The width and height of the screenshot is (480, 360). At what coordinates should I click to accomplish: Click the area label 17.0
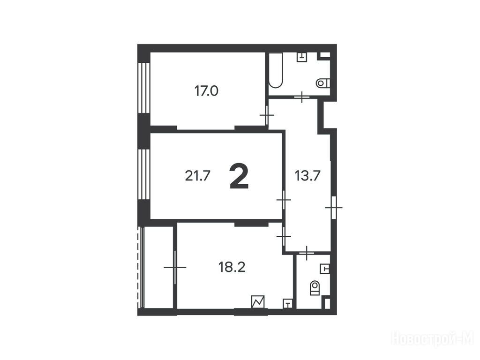point(206,91)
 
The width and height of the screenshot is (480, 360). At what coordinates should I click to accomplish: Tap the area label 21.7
point(197,176)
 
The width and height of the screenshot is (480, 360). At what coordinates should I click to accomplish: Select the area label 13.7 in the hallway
point(307,176)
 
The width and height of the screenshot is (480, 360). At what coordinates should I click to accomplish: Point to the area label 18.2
point(232,267)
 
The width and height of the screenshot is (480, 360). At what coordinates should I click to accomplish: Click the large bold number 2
point(239,176)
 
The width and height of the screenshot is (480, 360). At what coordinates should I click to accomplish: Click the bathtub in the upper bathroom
point(276,70)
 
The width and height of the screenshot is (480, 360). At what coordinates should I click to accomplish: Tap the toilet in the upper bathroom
point(322,83)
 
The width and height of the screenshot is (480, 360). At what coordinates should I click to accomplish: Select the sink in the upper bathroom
point(302,57)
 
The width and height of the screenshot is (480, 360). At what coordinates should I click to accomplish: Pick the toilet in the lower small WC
point(315,288)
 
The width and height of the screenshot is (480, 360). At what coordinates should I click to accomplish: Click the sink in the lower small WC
point(324,269)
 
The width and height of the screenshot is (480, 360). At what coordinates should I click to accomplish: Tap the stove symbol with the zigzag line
point(258,302)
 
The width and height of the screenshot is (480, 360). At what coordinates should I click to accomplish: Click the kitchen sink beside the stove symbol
point(288,303)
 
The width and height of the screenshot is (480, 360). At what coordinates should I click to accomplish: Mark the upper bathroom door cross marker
point(302,97)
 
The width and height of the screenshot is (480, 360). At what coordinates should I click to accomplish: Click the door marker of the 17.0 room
point(267,115)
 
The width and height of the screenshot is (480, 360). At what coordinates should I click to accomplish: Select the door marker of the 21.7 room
point(284,200)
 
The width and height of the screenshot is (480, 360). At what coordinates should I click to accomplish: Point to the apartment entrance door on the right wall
point(334,208)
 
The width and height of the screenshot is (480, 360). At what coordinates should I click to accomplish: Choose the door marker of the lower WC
point(307,253)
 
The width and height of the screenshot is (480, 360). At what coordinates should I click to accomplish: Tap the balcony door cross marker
point(175,267)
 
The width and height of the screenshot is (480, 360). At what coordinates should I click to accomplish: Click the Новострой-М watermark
point(433,339)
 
